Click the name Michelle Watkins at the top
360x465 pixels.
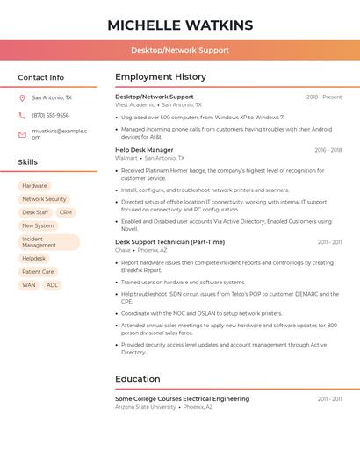(x=180, y=25)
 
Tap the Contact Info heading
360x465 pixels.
(x=41, y=77)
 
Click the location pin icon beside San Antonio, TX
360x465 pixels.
(x=22, y=98)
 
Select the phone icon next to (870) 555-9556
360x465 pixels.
(x=22, y=115)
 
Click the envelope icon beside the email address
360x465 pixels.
(x=22, y=134)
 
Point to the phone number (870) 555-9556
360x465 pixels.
(x=50, y=115)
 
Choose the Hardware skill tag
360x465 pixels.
(x=35, y=186)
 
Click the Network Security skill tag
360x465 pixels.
(x=44, y=199)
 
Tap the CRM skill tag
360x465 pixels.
(x=66, y=212)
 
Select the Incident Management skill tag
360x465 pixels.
(x=48, y=242)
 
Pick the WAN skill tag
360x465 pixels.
(x=29, y=285)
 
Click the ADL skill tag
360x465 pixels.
(x=52, y=285)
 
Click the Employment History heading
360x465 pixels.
(x=161, y=77)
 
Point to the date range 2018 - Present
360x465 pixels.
(x=324, y=97)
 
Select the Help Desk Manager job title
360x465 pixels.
(x=144, y=150)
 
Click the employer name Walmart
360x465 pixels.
(x=126, y=158)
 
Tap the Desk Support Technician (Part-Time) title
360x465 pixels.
(x=169, y=241)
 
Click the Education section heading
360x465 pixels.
(x=138, y=379)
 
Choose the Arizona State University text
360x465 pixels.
(x=146, y=407)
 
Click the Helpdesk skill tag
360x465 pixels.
(x=34, y=259)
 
